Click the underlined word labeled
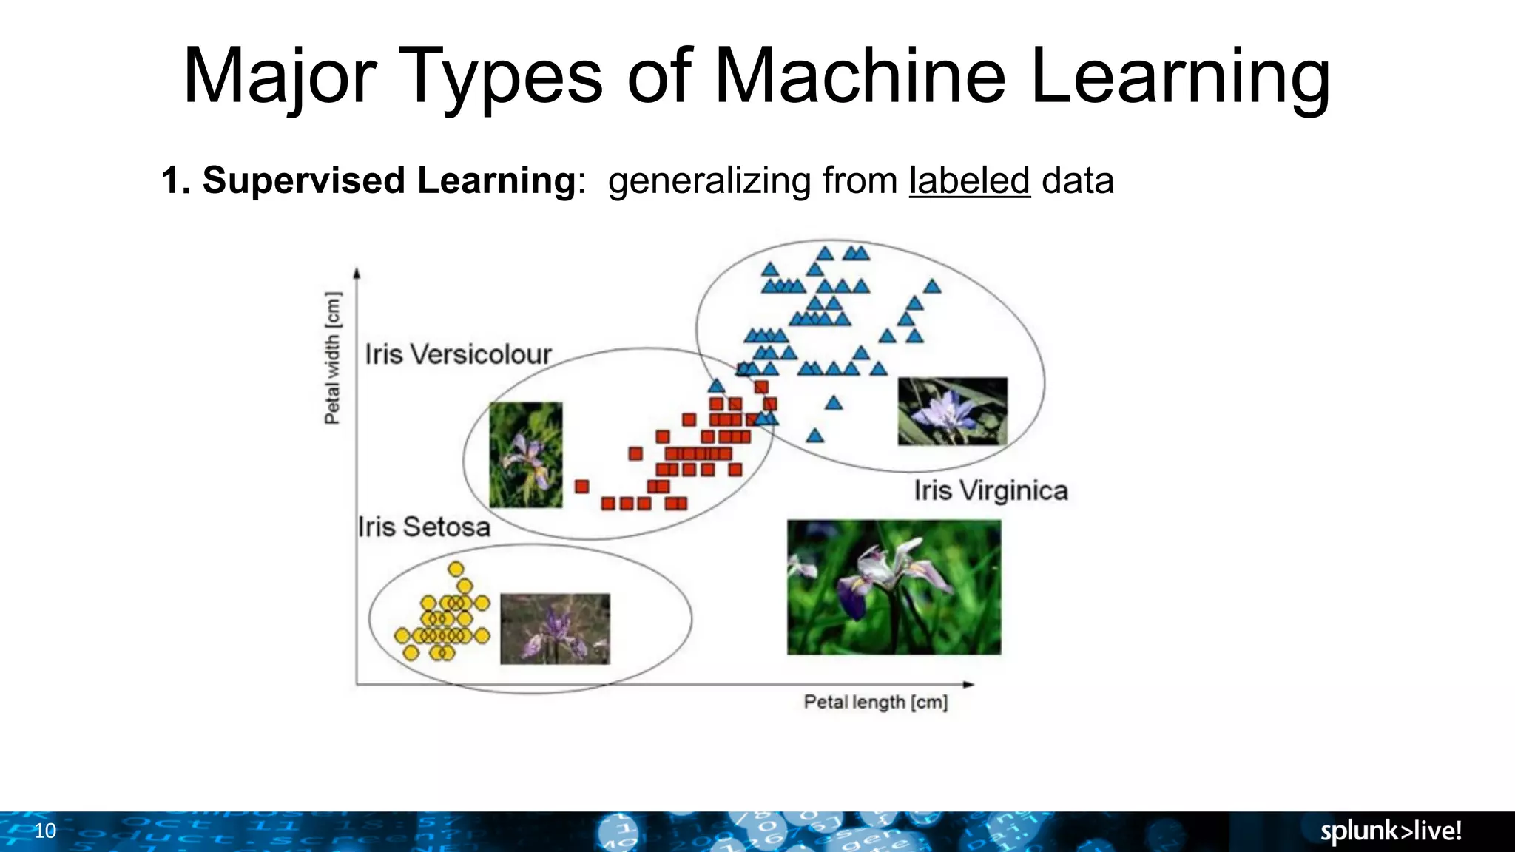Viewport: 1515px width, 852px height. pyautogui.click(x=969, y=181)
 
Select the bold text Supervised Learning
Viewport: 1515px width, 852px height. pyautogui.click(x=389, y=181)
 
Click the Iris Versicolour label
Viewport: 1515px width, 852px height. pyautogui.click(x=458, y=355)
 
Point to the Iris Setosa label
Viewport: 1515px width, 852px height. pyautogui.click(x=424, y=527)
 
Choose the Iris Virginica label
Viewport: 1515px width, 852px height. pyautogui.click(x=991, y=491)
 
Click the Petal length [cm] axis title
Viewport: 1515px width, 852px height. pyautogui.click(x=875, y=702)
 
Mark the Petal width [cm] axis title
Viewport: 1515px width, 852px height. pyautogui.click(x=333, y=358)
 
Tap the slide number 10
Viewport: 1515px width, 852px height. pyautogui.click(x=45, y=831)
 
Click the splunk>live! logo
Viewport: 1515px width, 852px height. pyautogui.click(x=1391, y=831)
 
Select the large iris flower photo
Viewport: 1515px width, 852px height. pyautogui.click(x=894, y=587)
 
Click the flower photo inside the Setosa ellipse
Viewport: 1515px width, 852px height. pyautogui.click(x=555, y=629)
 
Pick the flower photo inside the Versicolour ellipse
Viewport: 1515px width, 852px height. pyautogui.click(x=526, y=455)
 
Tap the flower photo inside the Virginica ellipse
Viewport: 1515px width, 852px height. pyautogui.click(x=952, y=411)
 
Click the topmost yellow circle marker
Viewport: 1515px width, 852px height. pyautogui.click(x=456, y=569)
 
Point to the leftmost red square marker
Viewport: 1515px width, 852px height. pyautogui.click(x=582, y=486)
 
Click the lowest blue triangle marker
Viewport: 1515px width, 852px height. pyautogui.click(x=815, y=436)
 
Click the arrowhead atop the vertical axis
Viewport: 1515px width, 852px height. pyautogui.click(x=357, y=273)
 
